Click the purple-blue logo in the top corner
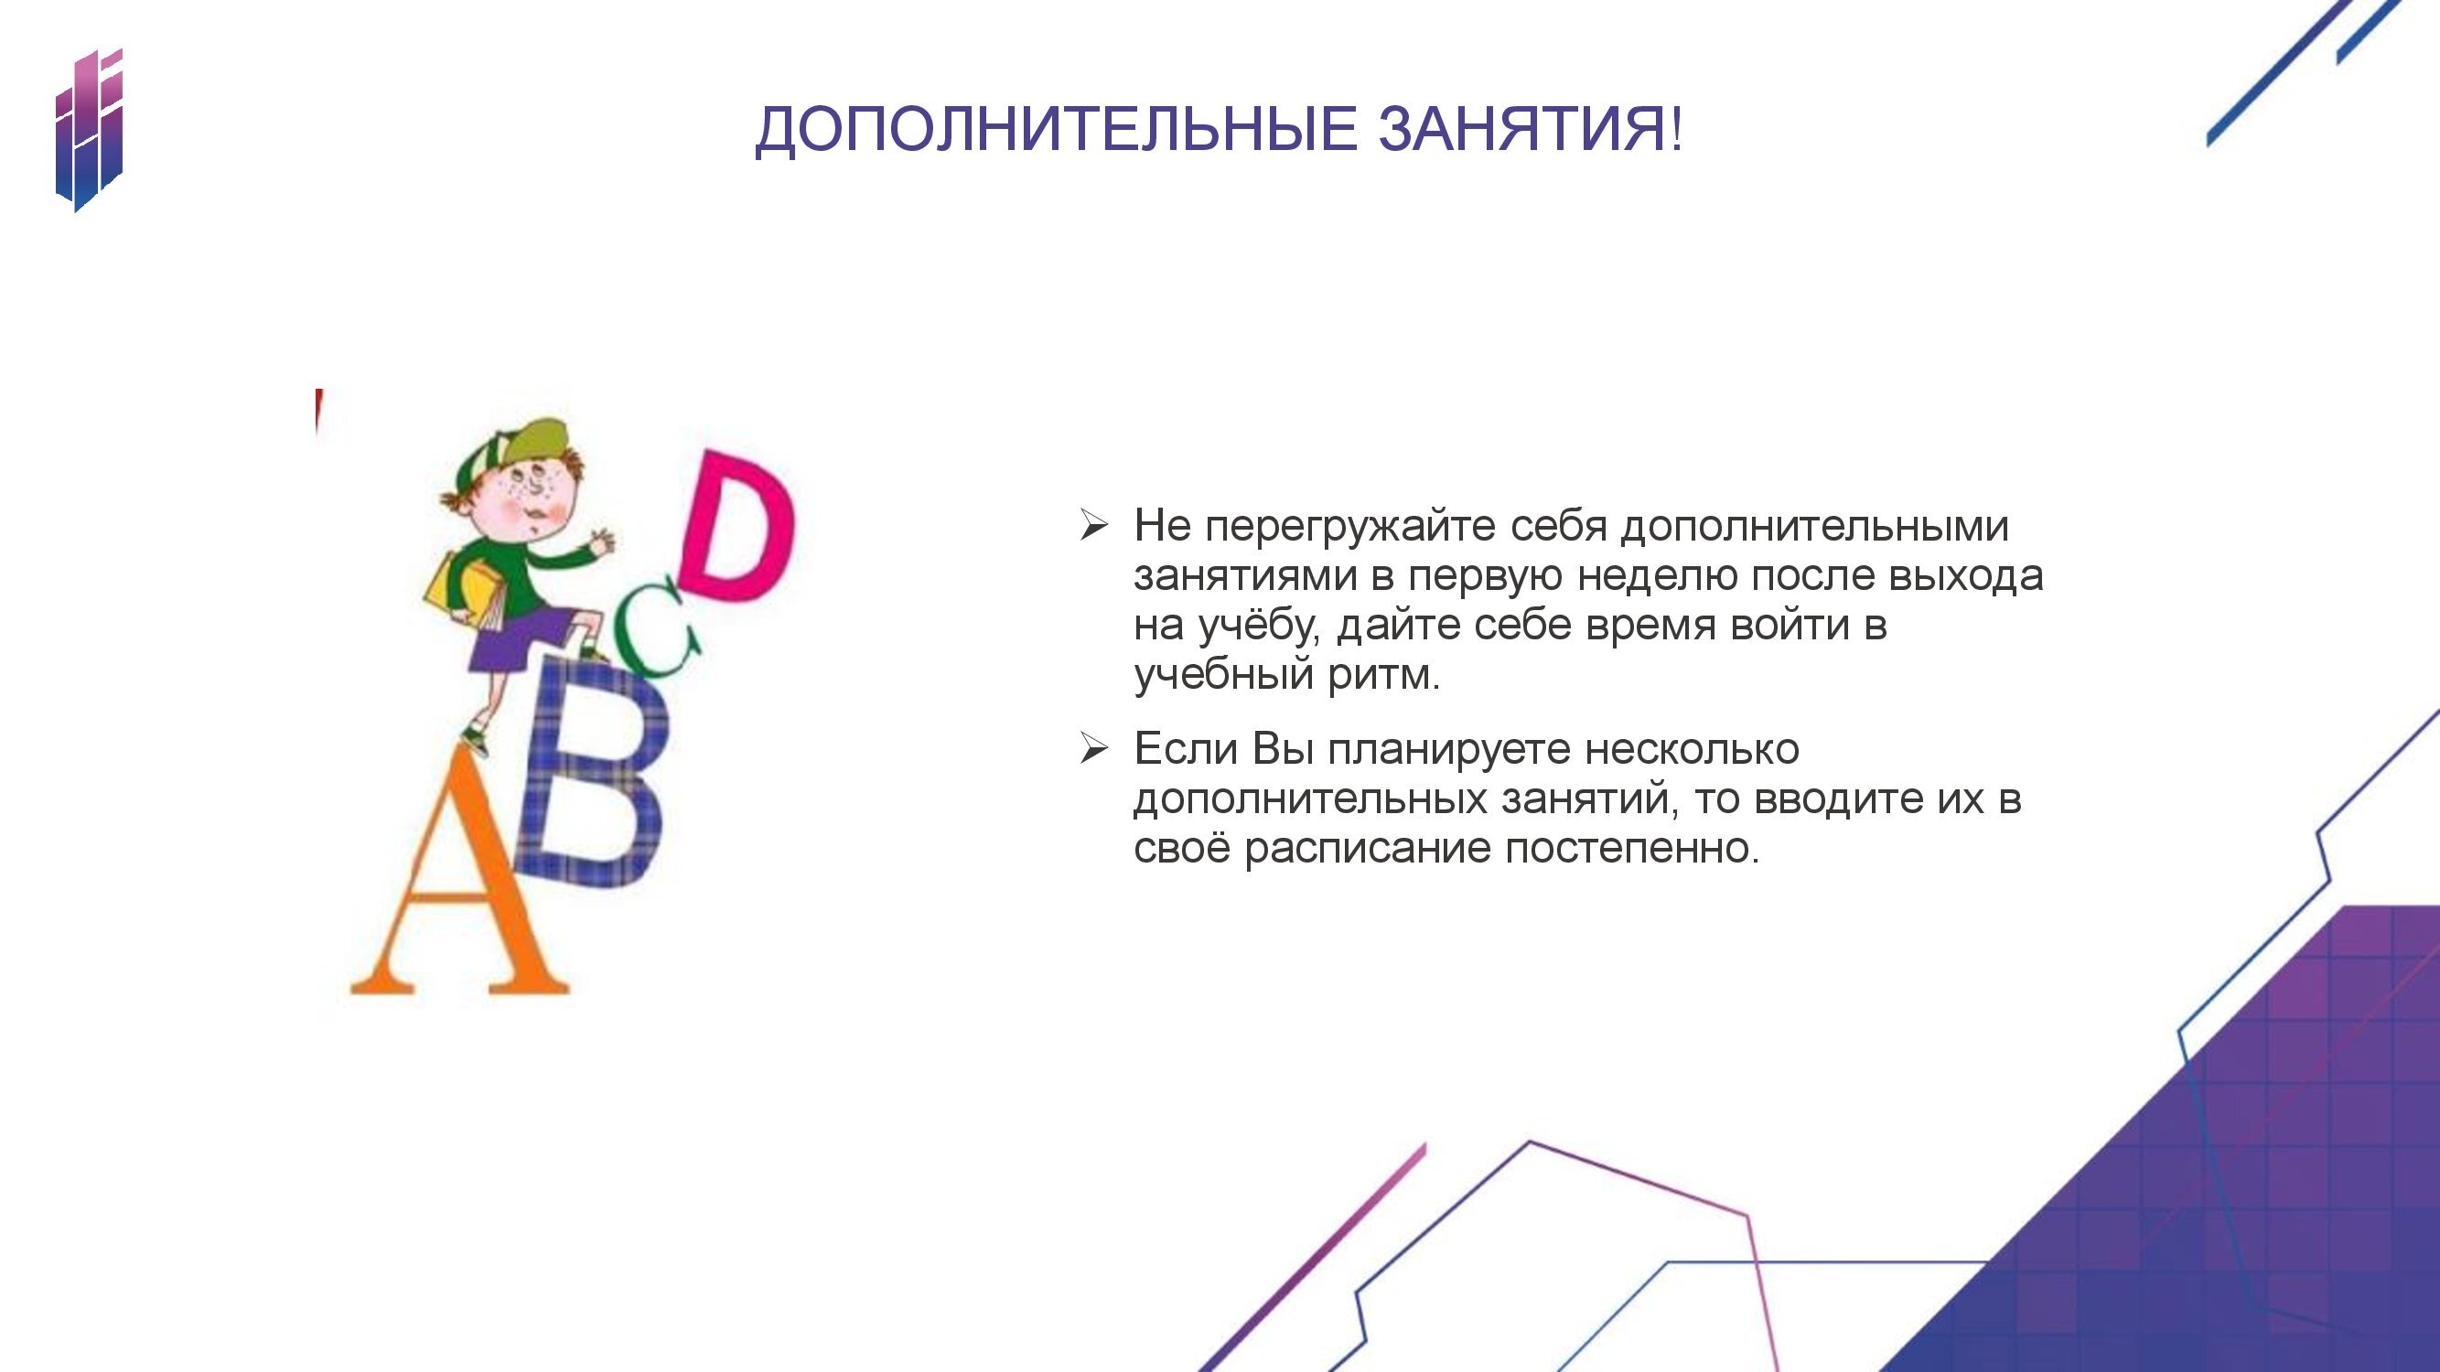pos(89,130)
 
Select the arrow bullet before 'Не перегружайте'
pos(1093,526)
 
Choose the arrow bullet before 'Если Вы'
pos(1093,749)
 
